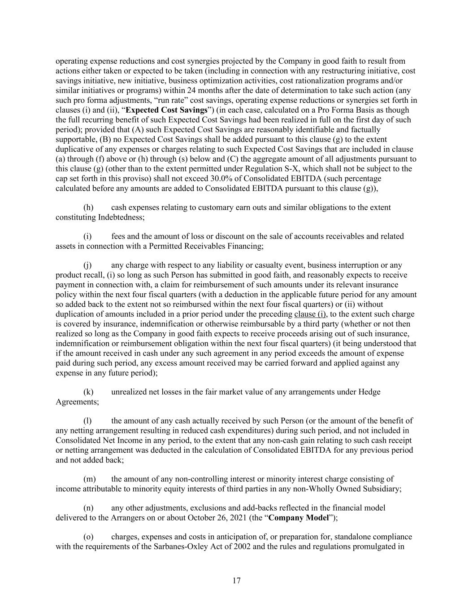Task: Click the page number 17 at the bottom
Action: (x=236, y=581)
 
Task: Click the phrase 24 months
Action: (x=205, y=90)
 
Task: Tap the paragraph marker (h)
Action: (x=89, y=207)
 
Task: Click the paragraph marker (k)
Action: (x=89, y=392)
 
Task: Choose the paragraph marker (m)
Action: (x=90, y=479)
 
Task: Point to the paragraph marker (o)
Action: (x=89, y=537)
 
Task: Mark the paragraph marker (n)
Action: (x=89, y=508)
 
